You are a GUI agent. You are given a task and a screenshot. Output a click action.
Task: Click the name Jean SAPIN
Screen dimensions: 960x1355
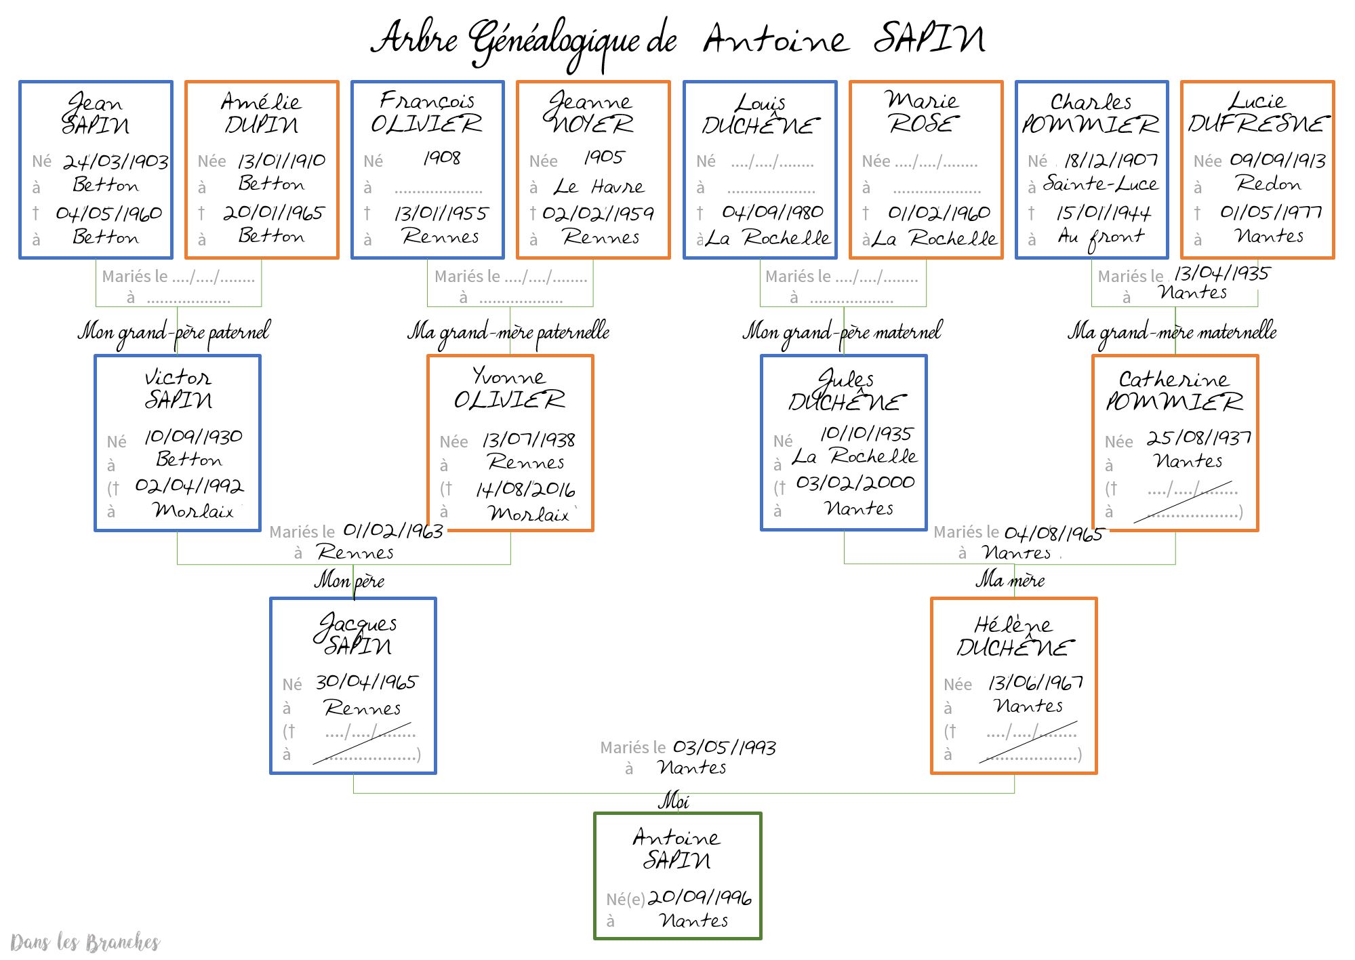(96, 114)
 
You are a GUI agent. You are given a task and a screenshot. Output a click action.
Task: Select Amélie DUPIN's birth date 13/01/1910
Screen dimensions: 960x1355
(281, 161)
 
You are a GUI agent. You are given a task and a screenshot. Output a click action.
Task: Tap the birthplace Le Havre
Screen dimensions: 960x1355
(599, 186)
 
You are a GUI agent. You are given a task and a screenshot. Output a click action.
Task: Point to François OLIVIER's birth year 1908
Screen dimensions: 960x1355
(442, 158)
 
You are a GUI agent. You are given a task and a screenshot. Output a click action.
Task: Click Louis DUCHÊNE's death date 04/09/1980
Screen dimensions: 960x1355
(772, 212)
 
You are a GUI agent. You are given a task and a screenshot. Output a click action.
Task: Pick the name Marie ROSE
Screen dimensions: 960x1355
(923, 113)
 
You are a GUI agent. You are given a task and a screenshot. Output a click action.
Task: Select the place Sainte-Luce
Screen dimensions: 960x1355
(1100, 184)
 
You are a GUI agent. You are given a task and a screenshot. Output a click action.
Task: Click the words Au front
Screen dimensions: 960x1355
(1101, 237)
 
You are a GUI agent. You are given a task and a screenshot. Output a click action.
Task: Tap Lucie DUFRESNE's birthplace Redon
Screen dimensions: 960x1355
(1268, 183)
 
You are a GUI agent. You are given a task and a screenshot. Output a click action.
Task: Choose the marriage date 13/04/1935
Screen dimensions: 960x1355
(1221, 273)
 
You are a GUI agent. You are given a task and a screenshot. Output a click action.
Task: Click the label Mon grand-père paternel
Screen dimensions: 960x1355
(174, 332)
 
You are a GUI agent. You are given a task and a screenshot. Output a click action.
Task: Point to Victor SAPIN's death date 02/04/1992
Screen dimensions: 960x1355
(189, 485)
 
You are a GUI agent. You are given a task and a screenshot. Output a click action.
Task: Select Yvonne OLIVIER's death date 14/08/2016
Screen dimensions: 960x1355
(525, 489)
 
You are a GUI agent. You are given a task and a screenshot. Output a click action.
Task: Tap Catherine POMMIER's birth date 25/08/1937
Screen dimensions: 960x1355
(1198, 437)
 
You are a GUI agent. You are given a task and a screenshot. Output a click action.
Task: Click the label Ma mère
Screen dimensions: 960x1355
(1010, 580)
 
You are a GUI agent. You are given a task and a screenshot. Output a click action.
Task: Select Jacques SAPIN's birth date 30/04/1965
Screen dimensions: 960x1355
(367, 682)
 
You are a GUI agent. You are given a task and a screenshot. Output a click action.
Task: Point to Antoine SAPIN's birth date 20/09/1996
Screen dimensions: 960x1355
(700, 898)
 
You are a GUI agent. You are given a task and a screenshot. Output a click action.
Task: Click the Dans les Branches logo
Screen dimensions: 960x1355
(85, 942)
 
